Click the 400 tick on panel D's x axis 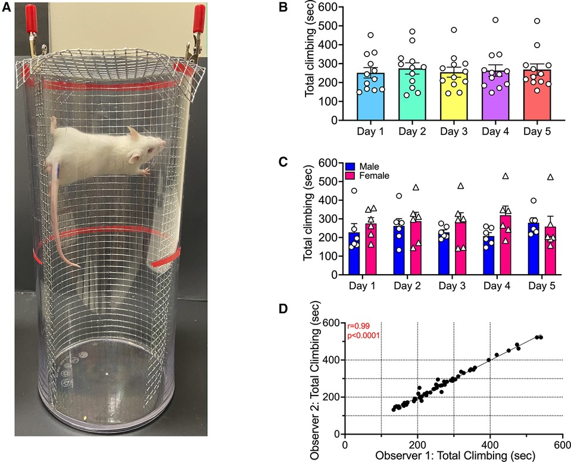(490, 444)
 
